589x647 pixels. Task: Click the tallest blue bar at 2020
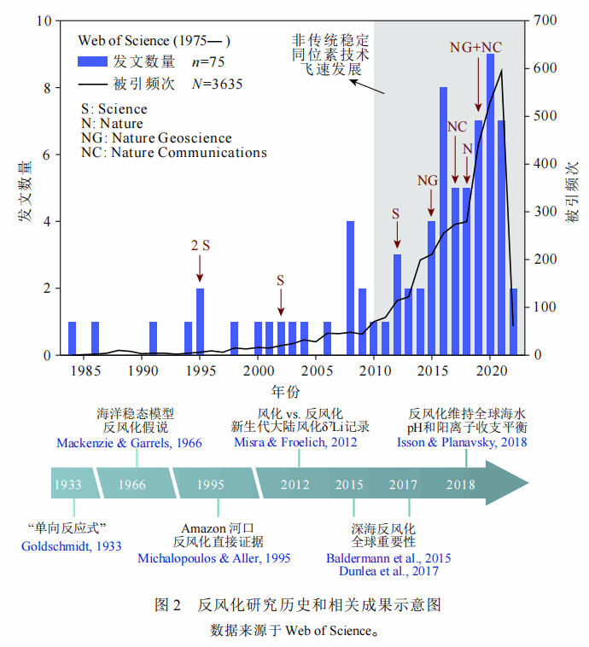pos(490,205)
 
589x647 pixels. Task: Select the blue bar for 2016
pos(444,222)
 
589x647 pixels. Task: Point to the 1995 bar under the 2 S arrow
pos(200,322)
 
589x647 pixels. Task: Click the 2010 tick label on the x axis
pos(374,371)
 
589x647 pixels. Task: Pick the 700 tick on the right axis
pos(545,20)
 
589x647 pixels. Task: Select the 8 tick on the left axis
pos(49,88)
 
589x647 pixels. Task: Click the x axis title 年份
pos(285,392)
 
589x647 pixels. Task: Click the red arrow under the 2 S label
pos(200,270)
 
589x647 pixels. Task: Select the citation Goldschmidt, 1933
pos(72,546)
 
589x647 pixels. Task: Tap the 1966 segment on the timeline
pos(132,484)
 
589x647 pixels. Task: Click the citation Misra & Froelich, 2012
pos(295,442)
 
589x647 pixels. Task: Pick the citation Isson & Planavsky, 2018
pos(462,442)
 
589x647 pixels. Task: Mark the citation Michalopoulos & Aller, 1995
pos(214,558)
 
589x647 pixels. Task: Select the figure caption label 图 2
pos(168,605)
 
